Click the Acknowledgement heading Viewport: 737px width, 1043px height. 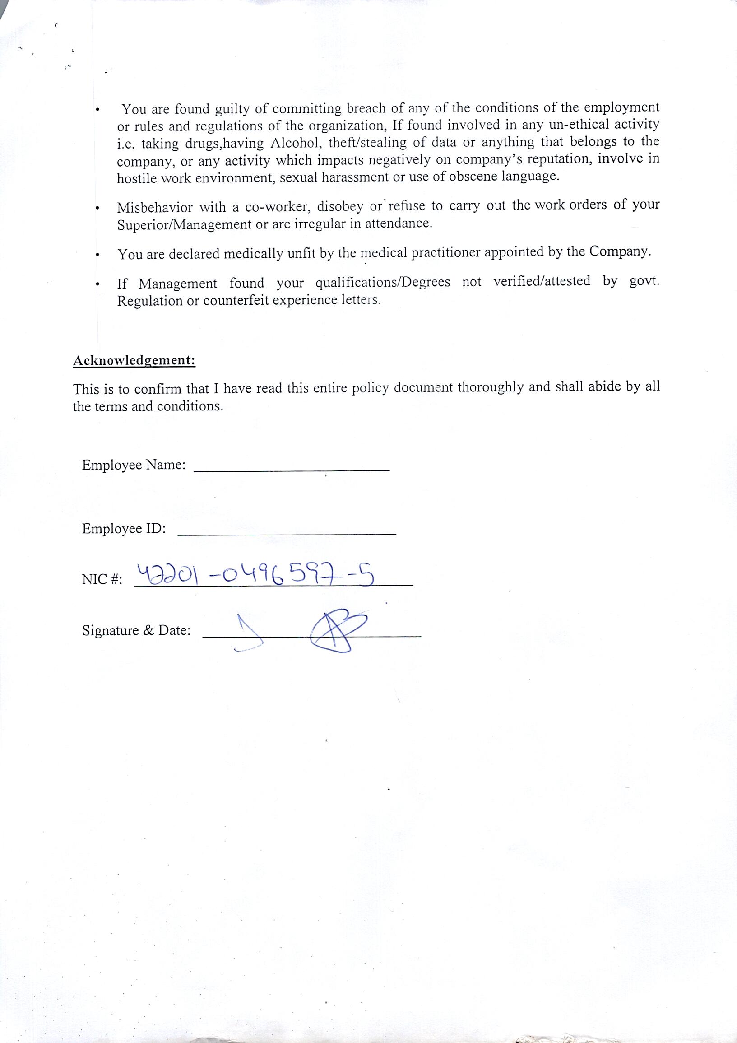(134, 361)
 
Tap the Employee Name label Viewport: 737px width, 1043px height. (134, 465)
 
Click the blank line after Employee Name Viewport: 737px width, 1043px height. (292, 469)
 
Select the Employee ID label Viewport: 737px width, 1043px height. (124, 529)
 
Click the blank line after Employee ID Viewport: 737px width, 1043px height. (287, 533)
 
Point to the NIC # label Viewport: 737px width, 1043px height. (102, 580)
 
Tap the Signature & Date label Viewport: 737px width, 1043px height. (136, 630)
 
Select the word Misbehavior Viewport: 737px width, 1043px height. (154, 208)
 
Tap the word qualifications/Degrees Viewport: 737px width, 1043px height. (383, 283)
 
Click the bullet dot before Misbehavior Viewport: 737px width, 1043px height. (97, 209)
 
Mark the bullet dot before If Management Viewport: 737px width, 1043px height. (97, 285)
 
